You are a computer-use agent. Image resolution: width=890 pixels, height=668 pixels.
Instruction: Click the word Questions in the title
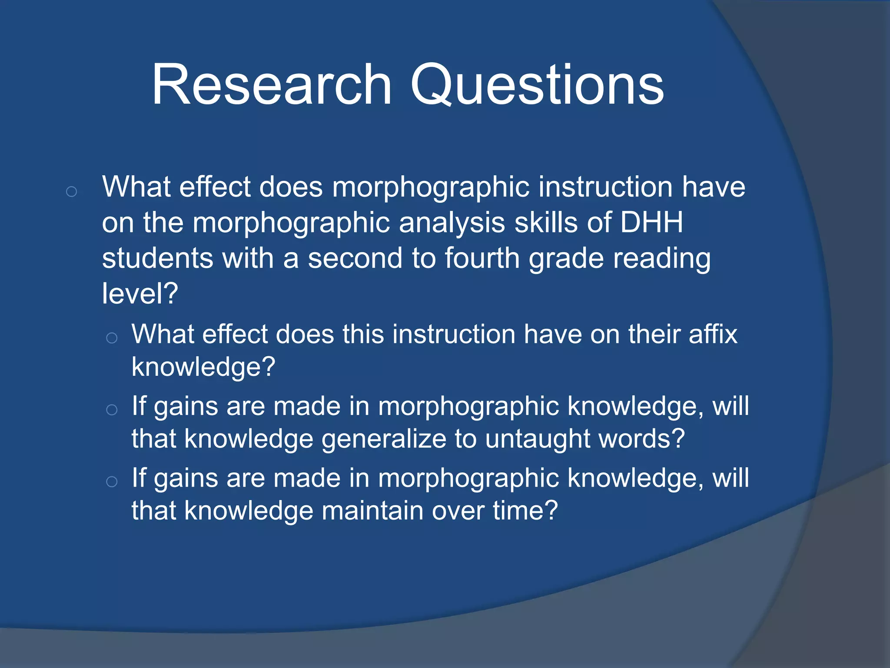(x=537, y=85)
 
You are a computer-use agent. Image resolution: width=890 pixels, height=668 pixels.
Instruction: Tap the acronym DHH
(x=651, y=223)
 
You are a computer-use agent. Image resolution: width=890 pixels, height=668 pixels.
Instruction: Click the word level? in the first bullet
(x=140, y=294)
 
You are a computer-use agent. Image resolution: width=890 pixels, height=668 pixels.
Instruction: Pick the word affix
(x=713, y=334)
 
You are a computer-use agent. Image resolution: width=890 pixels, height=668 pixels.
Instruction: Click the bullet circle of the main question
(x=72, y=191)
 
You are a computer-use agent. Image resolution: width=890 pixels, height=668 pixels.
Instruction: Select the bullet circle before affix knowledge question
(x=112, y=338)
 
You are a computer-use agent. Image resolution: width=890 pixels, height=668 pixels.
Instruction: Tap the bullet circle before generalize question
(x=112, y=410)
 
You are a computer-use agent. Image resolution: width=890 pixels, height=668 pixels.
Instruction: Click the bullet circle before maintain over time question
(x=112, y=481)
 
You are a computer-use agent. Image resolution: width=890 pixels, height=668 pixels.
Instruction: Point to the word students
(x=157, y=258)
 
